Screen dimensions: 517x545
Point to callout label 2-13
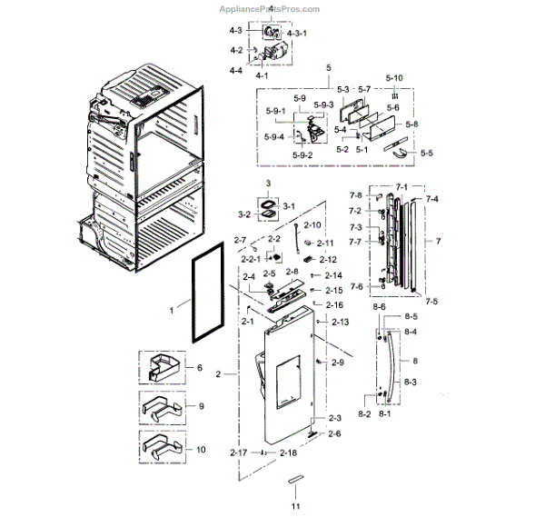(x=341, y=323)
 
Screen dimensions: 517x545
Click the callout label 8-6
(x=380, y=308)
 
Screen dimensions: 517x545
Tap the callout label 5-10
(x=394, y=78)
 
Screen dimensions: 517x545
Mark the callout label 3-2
(x=244, y=214)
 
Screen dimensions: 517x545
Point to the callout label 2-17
(x=239, y=452)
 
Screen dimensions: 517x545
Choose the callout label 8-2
(x=365, y=414)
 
